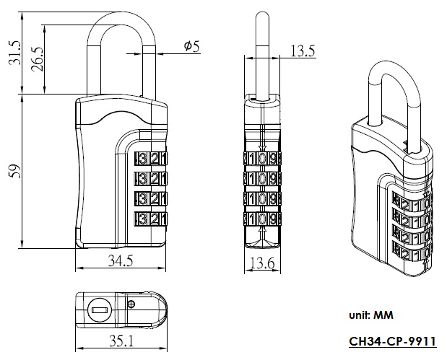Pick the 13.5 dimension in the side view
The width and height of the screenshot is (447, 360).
pos(302,51)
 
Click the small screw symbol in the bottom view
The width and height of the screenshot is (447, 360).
pos(130,304)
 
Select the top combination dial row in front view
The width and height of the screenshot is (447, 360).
pos(152,158)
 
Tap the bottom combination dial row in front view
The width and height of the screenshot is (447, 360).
pos(152,219)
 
